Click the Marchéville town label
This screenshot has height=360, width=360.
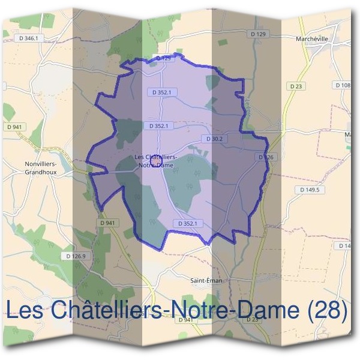click(313, 38)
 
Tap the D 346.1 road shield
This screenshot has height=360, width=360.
click(28, 38)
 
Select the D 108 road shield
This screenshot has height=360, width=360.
click(343, 85)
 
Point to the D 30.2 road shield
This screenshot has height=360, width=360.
click(214, 139)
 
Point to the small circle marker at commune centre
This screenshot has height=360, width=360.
click(155, 162)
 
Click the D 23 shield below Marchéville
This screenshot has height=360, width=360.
click(296, 86)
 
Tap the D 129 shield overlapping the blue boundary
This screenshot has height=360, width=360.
click(163, 58)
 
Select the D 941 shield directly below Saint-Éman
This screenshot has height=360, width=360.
click(187, 320)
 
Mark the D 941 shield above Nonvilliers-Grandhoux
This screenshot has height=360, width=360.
click(16, 127)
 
